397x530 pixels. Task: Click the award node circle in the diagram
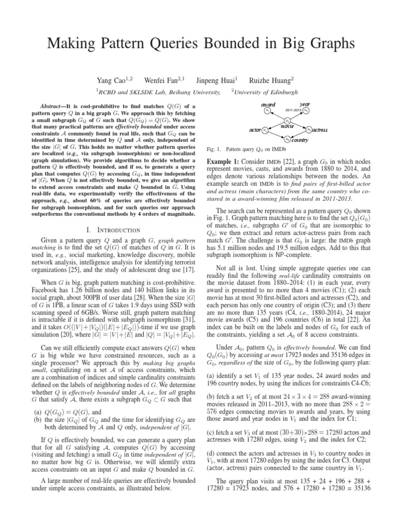266,110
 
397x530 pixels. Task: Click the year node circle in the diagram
307,110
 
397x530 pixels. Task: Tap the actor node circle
265,129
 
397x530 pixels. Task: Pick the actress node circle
309,129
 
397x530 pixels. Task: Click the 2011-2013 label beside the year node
293,110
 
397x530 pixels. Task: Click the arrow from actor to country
275,134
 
